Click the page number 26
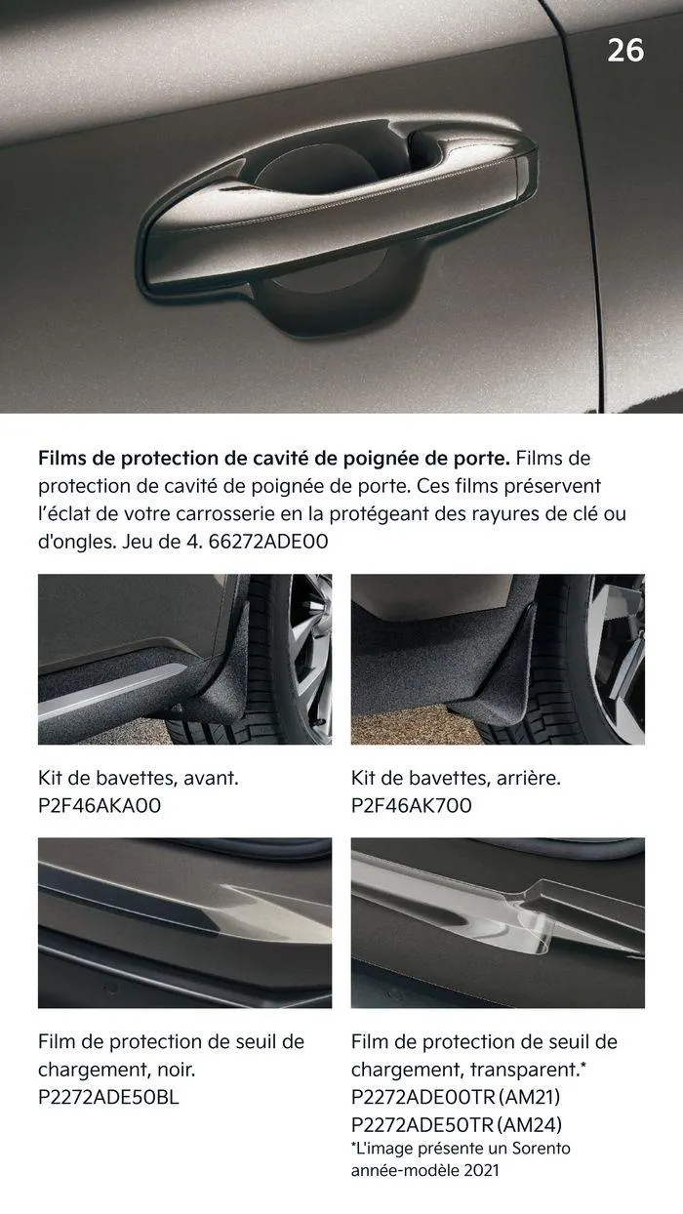coord(625,50)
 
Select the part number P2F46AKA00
coord(100,805)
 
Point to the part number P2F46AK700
coord(411,805)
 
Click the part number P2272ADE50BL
coord(108,1096)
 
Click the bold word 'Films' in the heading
coord(64,458)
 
